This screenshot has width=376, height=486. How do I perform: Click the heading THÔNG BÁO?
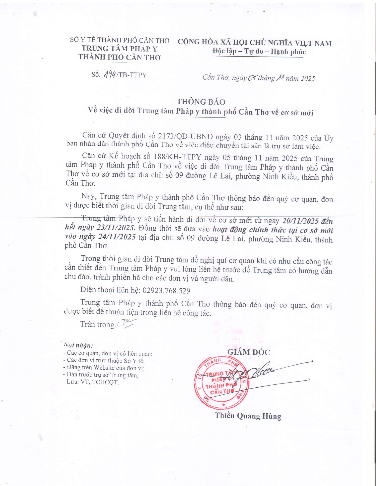coord(201,102)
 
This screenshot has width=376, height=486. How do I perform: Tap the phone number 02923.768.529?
coord(166,291)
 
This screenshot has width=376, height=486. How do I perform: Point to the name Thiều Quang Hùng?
coord(248,416)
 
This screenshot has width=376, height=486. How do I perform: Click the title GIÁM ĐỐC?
coord(248,352)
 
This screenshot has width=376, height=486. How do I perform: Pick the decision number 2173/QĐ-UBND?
coord(185,137)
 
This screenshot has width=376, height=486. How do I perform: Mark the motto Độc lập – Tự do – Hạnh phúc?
coord(259,52)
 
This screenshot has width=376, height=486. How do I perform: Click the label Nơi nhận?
coord(78,345)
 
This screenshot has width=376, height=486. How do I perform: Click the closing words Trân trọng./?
coord(100,324)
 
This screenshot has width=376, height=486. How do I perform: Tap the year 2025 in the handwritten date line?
coord(308,78)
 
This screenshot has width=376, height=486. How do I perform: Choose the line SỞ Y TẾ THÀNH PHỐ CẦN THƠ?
coord(119,40)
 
